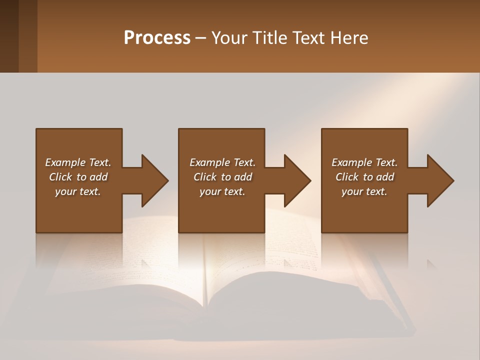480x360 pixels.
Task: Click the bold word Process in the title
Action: [x=157, y=38]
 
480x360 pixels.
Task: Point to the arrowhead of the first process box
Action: [x=155, y=180]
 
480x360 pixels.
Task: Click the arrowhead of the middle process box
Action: [x=297, y=180]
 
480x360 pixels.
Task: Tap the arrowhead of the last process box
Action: [x=440, y=180]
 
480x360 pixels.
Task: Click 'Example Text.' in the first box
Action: [x=78, y=162]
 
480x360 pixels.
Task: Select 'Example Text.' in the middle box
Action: [x=222, y=162]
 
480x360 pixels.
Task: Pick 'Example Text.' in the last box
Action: [x=364, y=162]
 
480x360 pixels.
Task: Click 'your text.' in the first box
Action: [x=78, y=191]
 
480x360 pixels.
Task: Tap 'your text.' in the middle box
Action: [x=222, y=191]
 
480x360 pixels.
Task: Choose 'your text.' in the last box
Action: [x=364, y=191]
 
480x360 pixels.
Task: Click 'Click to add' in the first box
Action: [x=78, y=177]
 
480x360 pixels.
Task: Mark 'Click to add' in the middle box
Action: [x=222, y=177]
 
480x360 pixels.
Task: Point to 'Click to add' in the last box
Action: [x=364, y=177]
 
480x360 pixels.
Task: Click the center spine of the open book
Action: [x=205, y=280]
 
